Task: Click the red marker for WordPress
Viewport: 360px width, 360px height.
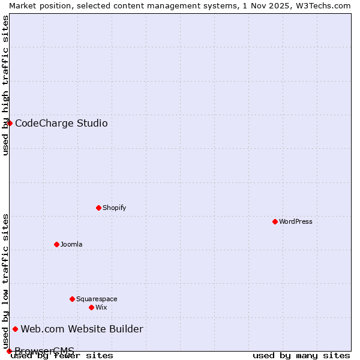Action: [275, 221]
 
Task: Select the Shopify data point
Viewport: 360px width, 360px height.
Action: [98, 208]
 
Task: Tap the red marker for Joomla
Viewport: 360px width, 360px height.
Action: [56, 244]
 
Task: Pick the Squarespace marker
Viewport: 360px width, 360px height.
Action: [72, 299]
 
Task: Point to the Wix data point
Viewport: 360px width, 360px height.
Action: [91, 307]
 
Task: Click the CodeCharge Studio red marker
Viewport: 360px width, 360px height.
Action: [10, 123]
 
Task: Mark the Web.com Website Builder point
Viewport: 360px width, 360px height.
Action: [16, 329]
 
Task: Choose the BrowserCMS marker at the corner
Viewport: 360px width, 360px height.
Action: [9, 351]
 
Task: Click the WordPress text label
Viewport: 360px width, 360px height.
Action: [296, 221]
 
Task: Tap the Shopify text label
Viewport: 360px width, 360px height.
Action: [115, 208]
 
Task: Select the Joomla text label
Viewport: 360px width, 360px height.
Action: [71, 244]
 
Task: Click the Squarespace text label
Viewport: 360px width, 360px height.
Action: [97, 299]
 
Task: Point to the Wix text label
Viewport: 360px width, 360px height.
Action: [101, 307]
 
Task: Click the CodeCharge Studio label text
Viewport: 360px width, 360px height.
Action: [61, 124]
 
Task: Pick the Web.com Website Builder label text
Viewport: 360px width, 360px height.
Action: [82, 329]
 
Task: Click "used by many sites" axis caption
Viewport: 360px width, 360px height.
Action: [301, 355]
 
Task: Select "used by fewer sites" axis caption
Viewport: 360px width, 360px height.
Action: [62, 355]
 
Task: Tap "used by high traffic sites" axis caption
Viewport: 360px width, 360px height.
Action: [5, 85]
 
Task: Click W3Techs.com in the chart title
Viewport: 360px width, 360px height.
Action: [326, 5]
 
